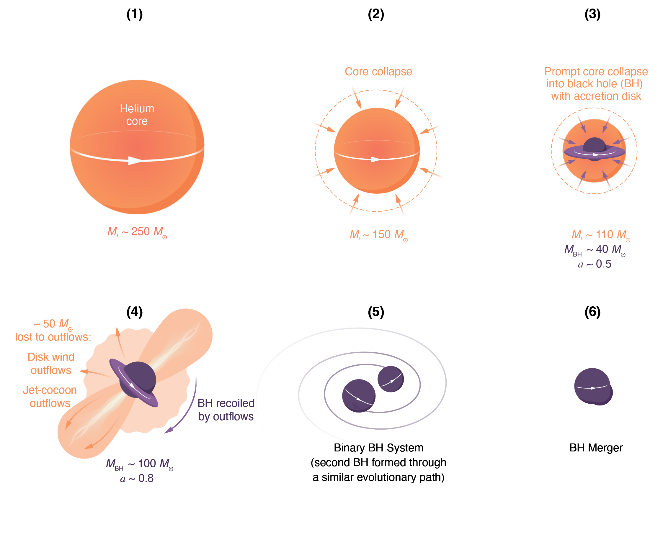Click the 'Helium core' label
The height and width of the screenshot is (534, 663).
pyautogui.click(x=137, y=115)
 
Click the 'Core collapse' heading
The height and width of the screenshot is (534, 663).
pyautogui.click(x=378, y=71)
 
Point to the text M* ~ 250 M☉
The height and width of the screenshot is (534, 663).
pyautogui.click(x=137, y=232)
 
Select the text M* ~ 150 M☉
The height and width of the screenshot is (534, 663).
pyautogui.click(x=378, y=235)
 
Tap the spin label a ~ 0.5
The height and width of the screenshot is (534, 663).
pyautogui.click(x=594, y=264)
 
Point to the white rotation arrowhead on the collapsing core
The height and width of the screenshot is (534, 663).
pyautogui.click(x=375, y=159)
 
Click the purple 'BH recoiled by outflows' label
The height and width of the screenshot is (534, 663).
pyautogui.click(x=226, y=410)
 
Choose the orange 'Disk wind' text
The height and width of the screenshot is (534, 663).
pyautogui.click(x=51, y=356)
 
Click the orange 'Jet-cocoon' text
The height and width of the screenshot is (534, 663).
pyautogui.click(x=50, y=390)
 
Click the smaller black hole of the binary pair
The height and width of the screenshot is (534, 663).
pyautogui.click(x=390, y=379)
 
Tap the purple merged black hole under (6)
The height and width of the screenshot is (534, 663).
pyautogui.click(x=592, y=386)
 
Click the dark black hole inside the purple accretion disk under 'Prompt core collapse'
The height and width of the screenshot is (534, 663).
pyautogui.click(x=594, y=145)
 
